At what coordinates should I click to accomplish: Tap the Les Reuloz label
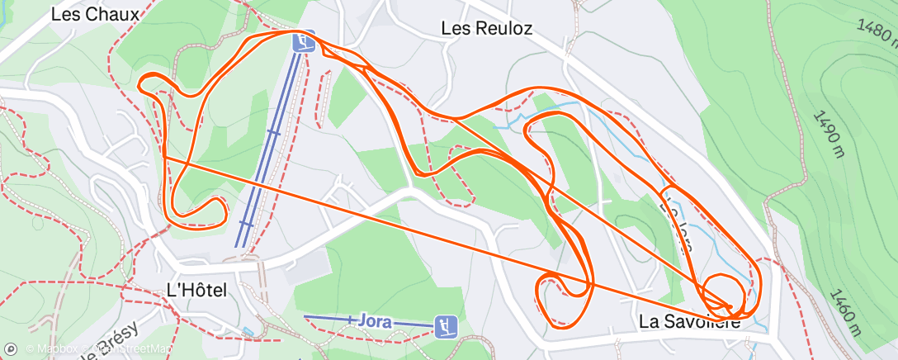pos(486,28)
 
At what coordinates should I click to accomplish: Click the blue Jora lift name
pos(375,321)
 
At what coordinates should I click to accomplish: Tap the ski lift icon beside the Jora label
pos(447,326)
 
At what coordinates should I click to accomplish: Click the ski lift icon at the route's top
pos(304,41)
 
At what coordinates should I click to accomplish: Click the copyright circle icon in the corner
pos(11,349)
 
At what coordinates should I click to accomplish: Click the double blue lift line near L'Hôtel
pos(264,165)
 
